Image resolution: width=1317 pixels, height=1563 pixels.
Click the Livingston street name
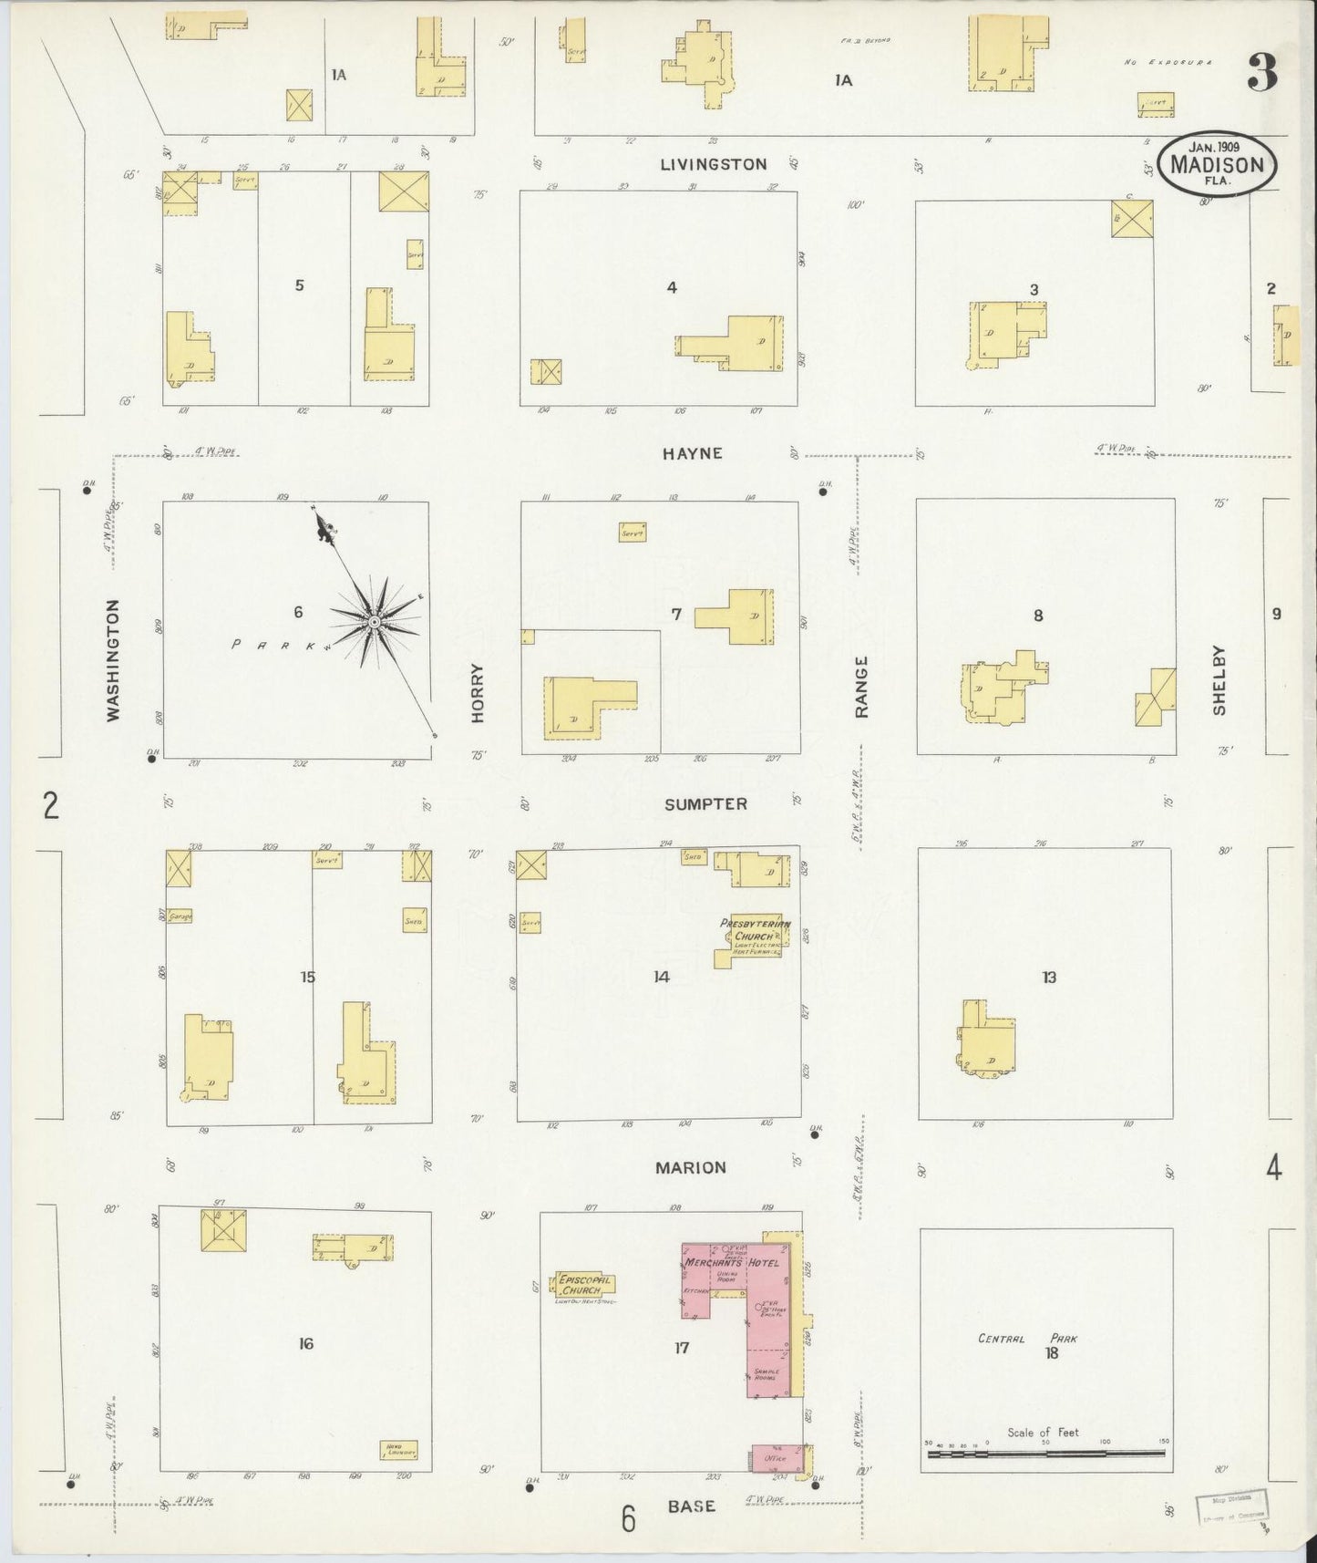713,164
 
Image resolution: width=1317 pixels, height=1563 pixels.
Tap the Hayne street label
693,453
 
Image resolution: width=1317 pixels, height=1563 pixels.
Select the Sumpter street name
705,803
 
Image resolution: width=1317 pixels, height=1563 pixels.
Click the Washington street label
113,660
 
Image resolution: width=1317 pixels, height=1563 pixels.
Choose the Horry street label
478,693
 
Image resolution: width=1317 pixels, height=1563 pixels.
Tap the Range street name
861,687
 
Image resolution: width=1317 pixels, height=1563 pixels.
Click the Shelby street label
1219,680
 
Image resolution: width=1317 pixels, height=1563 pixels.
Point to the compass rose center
374,621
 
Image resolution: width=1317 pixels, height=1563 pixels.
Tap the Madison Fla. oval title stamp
1217,164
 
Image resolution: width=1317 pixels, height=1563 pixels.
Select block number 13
1049,978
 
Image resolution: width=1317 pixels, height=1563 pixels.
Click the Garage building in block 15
180,916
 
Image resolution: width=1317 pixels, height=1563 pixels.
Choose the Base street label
691,1506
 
